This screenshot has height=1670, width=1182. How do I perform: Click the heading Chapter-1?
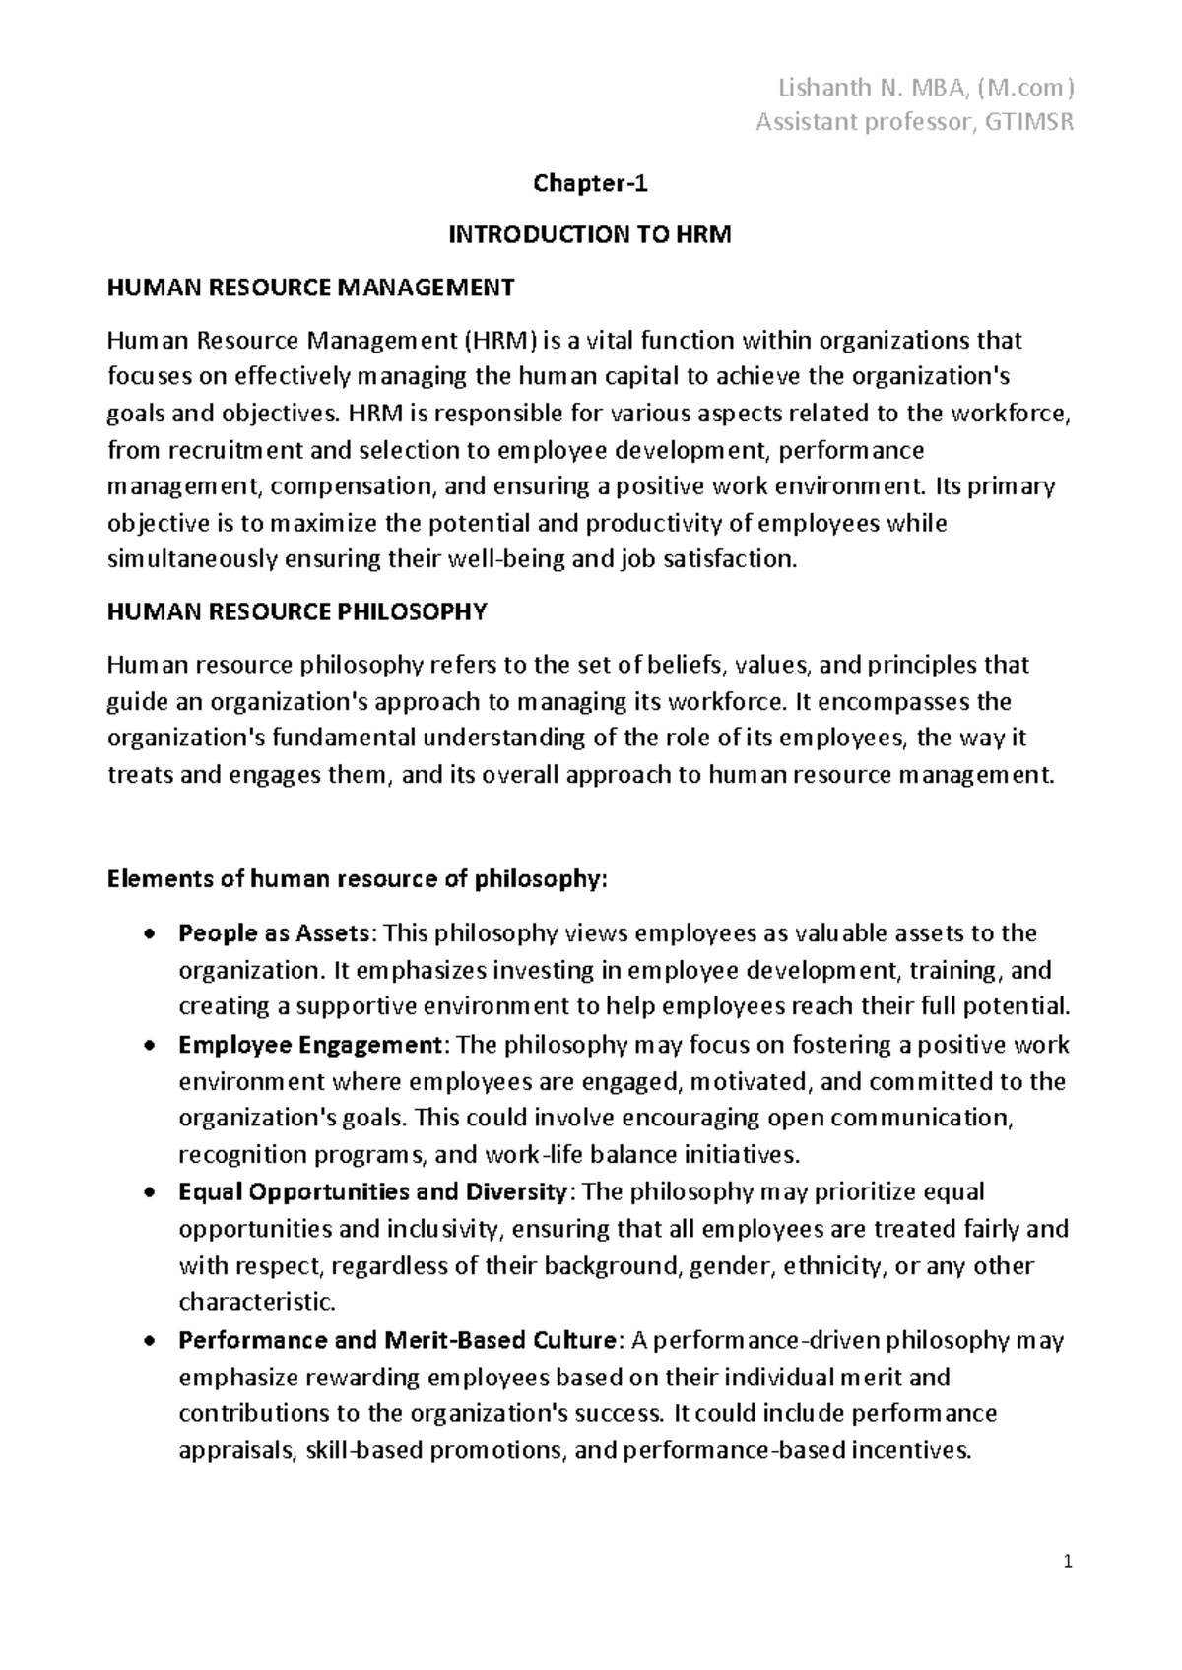(x=590, y=183)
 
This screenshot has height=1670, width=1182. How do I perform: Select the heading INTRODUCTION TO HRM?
(x=590, y=235)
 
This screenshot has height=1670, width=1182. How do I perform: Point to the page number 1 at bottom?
(x=1069, y=1563)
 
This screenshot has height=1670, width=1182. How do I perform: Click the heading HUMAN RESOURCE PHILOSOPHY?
(x=296, y=612)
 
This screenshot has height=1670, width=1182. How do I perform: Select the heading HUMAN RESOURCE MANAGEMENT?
(x=310, y=288)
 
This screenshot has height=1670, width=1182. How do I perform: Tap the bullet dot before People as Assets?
(x=149, y=933)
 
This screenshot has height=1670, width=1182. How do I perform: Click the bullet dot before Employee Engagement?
(x=149, y=1045)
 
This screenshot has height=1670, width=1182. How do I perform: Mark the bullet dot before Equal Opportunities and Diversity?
(x=149, y=1192)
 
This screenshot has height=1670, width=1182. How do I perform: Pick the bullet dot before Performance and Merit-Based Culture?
(x=149, y=1341)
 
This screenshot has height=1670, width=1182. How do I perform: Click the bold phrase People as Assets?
(x=275, y=933)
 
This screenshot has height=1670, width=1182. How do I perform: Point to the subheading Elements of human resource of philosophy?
(x=357, y=879)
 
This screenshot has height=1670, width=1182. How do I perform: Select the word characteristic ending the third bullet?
(x=256, y=1303)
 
